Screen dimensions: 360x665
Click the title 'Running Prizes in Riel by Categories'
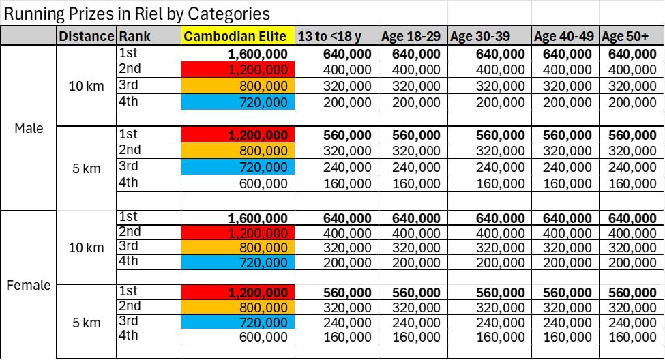137,14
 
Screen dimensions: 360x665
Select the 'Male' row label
29,128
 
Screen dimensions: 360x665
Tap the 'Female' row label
29,285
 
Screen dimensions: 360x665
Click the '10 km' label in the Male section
86,86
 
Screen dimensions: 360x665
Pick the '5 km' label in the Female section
86,322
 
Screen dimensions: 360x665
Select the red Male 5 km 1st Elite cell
238,135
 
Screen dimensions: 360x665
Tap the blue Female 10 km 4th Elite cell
238,262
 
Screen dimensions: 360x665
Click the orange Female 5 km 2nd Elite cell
238,307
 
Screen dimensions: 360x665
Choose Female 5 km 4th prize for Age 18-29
416,337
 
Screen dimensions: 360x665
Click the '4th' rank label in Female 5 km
128,335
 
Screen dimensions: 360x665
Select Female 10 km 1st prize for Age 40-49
567,219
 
